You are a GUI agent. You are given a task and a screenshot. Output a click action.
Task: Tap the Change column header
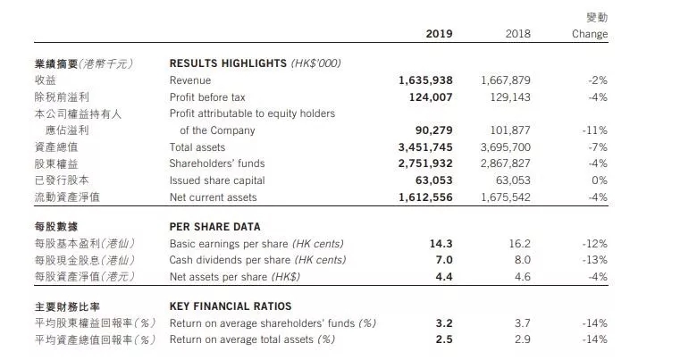pyautogui.click(x=590, y=34)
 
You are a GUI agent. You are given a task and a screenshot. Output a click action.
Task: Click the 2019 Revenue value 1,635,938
pyautogui.click(x=425, y=80)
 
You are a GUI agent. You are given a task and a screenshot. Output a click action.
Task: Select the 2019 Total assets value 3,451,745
pyautogui.click(x=425, y=147)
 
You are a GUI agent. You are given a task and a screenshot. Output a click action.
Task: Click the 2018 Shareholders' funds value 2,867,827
pyautogui.click(x=506, y=163)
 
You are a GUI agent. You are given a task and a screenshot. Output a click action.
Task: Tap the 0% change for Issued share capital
pyautogui.click(x=599, y=180)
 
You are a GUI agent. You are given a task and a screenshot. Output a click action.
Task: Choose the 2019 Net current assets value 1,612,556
pyautogui.click(x=425, y=197)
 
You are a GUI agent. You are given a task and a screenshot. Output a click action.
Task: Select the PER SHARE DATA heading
pyautogui.click(x=215, y=227)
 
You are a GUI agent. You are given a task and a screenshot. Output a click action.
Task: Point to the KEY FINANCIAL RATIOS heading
pyautogui.click(x=231, y=306)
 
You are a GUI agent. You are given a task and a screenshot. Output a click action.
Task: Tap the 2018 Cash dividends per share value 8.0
pyautogui.click(x=522, y=260)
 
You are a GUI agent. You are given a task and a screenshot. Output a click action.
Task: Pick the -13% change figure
pyautogui.click(x=595, y=260)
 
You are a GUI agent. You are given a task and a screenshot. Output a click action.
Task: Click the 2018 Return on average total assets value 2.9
pyautogui.click(x=522, y=339)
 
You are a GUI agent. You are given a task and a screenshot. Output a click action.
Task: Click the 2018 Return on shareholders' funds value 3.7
pyautogui.click(x=522, y=323)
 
